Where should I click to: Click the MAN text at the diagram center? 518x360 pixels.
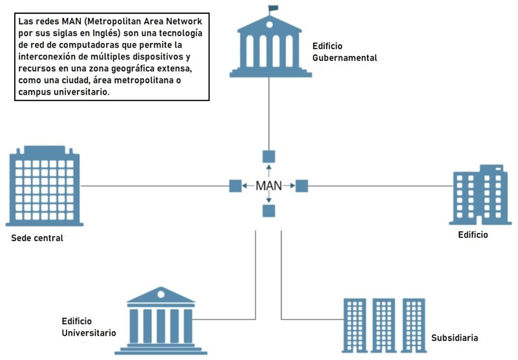click(269, 185)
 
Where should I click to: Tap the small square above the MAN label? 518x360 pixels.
click(269, 156)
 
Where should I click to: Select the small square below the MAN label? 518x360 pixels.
click(269, 211)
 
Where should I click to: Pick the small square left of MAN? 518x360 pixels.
click(235, 186)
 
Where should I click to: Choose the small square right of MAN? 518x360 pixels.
click(302, 186)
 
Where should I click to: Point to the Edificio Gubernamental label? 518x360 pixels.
click(344, 52)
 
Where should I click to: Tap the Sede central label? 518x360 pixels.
click(37, 238)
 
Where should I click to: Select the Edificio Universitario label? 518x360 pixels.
click(89, 327)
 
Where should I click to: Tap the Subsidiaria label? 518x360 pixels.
click(454, 338)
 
